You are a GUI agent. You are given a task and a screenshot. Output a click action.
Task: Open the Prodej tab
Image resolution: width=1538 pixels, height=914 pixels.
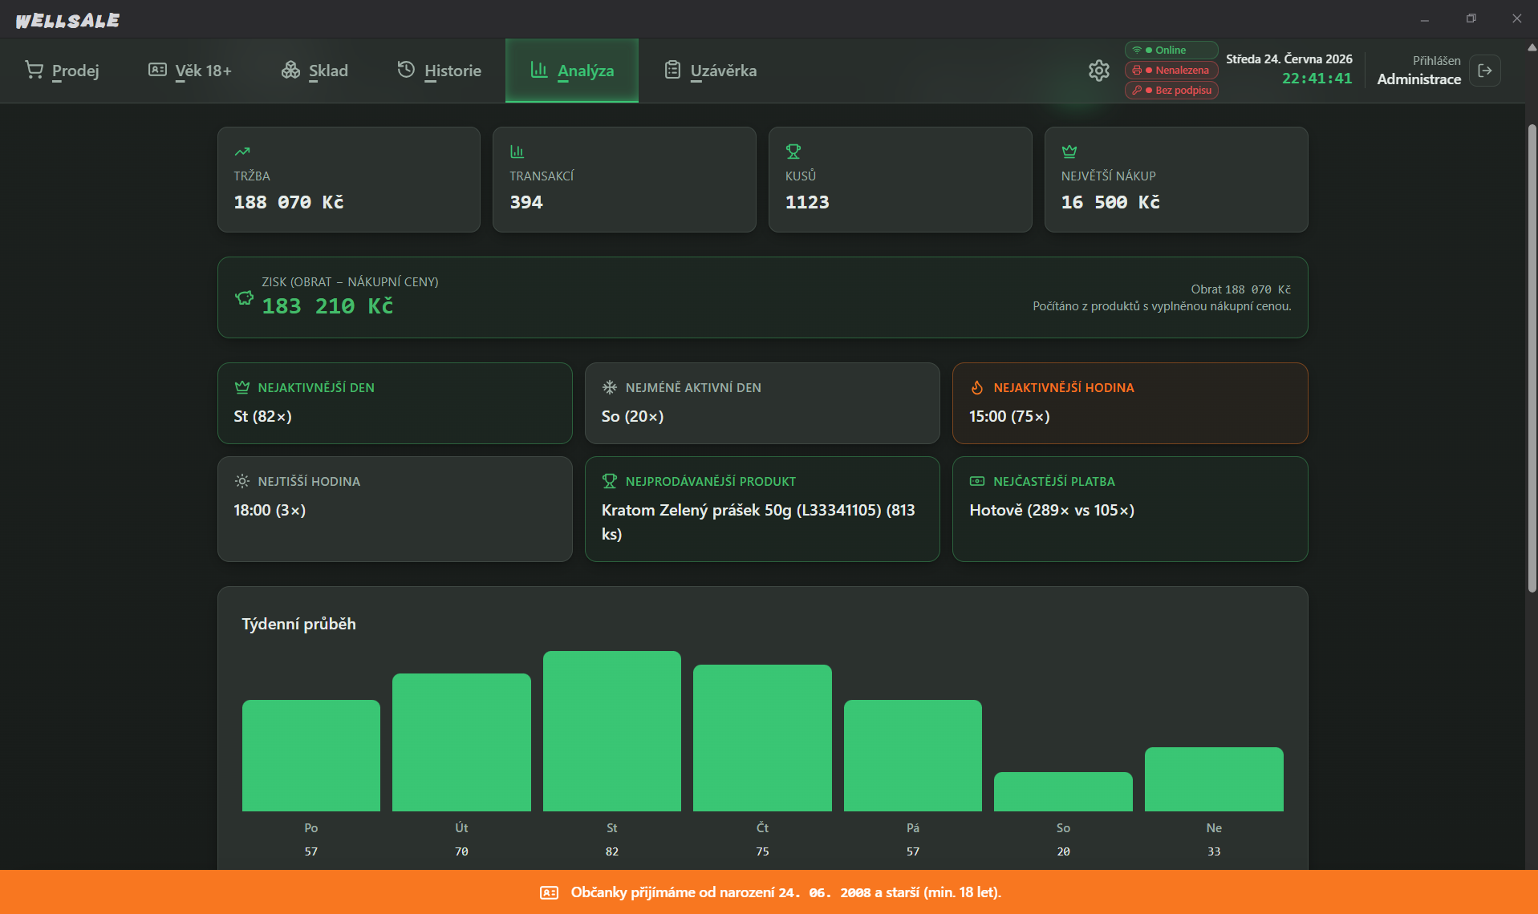pos(62,71)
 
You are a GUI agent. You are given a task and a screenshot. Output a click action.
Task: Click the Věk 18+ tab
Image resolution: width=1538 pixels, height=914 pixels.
pos(190,71)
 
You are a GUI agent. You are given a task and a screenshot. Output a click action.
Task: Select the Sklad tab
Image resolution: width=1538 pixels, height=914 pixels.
pos(314,71)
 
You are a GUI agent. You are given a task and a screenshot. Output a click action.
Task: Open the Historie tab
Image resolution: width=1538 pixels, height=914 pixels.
pos(440,71)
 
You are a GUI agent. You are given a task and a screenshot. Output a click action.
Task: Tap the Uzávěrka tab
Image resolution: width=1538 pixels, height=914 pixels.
pos(711,71)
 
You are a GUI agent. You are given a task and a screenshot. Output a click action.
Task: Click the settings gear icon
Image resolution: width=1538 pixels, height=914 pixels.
pos(1099,71)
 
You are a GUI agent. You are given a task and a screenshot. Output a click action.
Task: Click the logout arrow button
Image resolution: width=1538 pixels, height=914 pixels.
pos(1485,71)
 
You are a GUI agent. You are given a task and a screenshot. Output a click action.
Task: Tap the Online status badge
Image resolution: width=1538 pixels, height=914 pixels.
pos(1171,50)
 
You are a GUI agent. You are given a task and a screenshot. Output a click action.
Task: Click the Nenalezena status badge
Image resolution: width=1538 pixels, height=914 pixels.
pos(1171,70)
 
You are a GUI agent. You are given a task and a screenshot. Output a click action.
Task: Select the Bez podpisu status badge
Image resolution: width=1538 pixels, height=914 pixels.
pos(1171,90)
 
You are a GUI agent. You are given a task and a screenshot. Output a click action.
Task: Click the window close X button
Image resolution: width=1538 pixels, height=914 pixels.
pos(1516,18)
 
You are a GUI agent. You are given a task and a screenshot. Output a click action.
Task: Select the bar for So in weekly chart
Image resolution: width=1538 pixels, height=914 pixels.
pos(1063,791)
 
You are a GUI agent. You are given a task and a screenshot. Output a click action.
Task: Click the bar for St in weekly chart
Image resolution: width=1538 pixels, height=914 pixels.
pos(612,731)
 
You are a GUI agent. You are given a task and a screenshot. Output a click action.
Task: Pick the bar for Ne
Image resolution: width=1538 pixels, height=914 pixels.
pos(1214,779)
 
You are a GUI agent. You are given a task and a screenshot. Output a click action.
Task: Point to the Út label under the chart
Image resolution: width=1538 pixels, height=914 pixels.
pos(461,827)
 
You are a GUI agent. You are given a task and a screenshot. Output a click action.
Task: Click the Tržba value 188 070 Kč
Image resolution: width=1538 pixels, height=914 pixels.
pos(289,202)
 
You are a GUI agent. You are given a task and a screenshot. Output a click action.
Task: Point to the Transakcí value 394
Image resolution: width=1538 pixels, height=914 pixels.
pos(526,202)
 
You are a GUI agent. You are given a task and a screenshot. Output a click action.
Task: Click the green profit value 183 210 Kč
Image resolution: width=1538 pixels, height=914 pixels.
pos(327,306)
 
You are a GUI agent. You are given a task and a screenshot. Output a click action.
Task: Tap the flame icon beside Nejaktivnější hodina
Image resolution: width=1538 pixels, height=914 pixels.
pos(977,387)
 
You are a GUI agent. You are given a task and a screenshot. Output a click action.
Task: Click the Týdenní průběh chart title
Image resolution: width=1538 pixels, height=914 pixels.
pos(298,624)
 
